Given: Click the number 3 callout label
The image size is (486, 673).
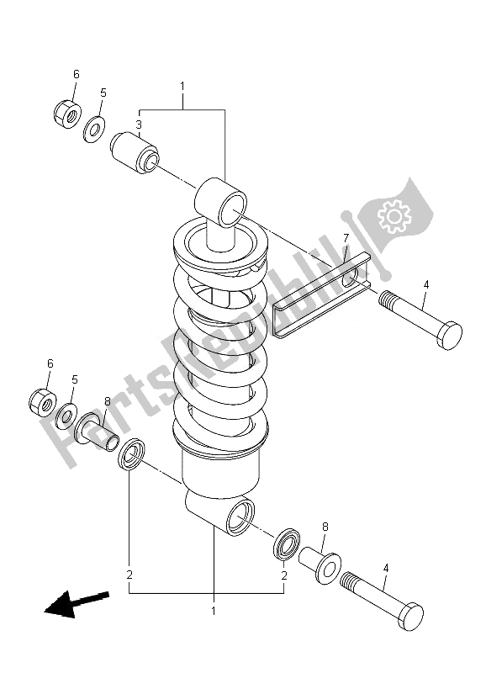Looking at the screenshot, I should click(139, 125).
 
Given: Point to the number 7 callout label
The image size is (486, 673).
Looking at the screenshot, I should click(345, 241).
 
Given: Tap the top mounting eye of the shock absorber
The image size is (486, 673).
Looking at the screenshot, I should click(223, 201).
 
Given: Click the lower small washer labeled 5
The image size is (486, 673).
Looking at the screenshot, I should click(66, 416).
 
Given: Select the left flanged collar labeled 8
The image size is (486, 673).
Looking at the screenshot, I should click(94, 432).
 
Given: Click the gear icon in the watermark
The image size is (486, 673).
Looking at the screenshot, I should click(393, 216).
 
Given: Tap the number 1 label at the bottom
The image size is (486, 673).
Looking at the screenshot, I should click(214, 611).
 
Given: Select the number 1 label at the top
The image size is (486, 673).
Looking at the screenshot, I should click(182, 86).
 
